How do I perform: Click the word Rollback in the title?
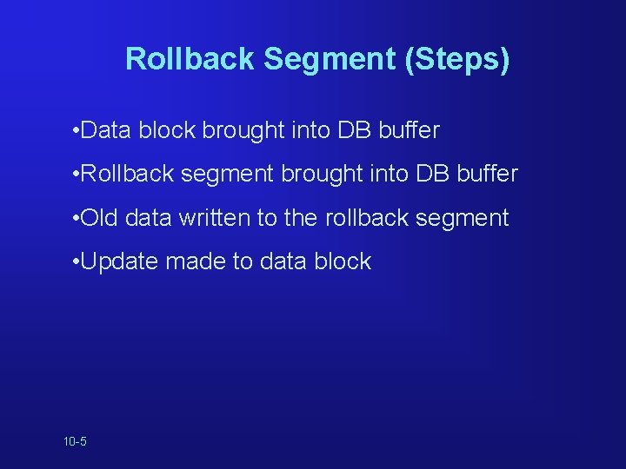pyautogui.click(x=190, y=59)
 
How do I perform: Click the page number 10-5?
pyautogui.click(x=75, y=442)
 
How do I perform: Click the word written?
pyautogui.click(x=215, y=217)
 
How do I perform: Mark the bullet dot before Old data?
pyautogui.click(x=77, y=217)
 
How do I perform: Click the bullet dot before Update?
pyautogui.click(x=77, y=261)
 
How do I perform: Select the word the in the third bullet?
pyautogui.click(x=301, y=217)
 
